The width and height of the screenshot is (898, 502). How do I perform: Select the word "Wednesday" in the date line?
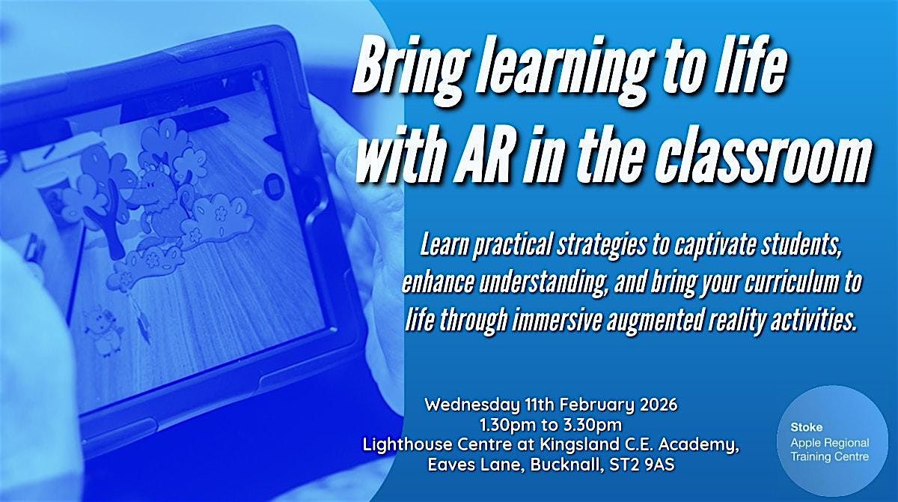pos(468,405)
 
